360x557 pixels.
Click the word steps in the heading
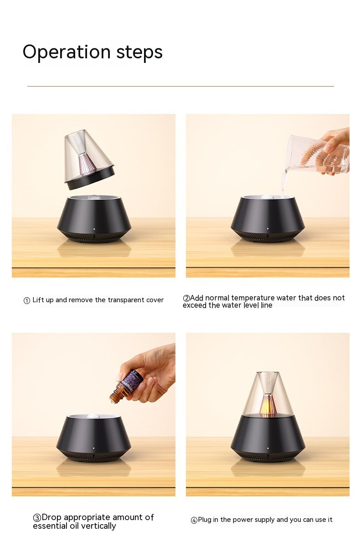(139, 52)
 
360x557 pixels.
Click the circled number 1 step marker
(27, 300)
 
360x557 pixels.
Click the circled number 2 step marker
(186, 298)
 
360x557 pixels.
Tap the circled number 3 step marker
(37, 518)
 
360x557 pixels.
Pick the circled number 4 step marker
(194, 520)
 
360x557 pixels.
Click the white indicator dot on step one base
(94, 229)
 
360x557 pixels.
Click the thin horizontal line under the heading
(180, 86)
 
